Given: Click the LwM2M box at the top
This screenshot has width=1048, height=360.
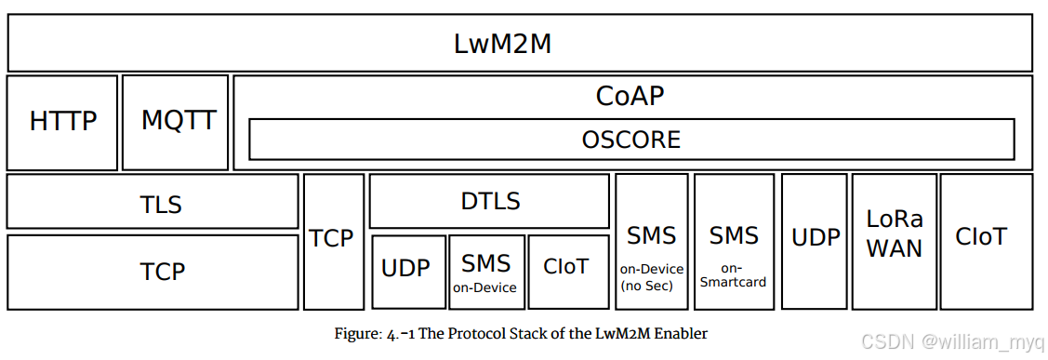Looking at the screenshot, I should (x=519, y=44).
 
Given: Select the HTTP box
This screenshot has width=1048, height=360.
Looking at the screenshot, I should (x=63, y=122).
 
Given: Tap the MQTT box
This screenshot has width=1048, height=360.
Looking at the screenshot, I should (x=176, y=122).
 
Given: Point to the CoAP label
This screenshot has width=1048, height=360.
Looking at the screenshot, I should (x=630, y=96).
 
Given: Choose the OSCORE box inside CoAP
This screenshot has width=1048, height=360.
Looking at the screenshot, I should (x=631, y=140).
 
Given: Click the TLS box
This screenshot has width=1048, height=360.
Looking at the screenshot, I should (x=153, y=202).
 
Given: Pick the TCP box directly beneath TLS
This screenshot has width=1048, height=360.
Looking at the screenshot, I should (x=153, y=272).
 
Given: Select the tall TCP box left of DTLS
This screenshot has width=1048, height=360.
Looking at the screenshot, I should (x=333, y=241).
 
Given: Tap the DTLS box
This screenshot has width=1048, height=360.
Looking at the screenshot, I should (x=489, y=201).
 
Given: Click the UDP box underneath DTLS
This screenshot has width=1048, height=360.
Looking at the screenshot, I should (x=408, y=271).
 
